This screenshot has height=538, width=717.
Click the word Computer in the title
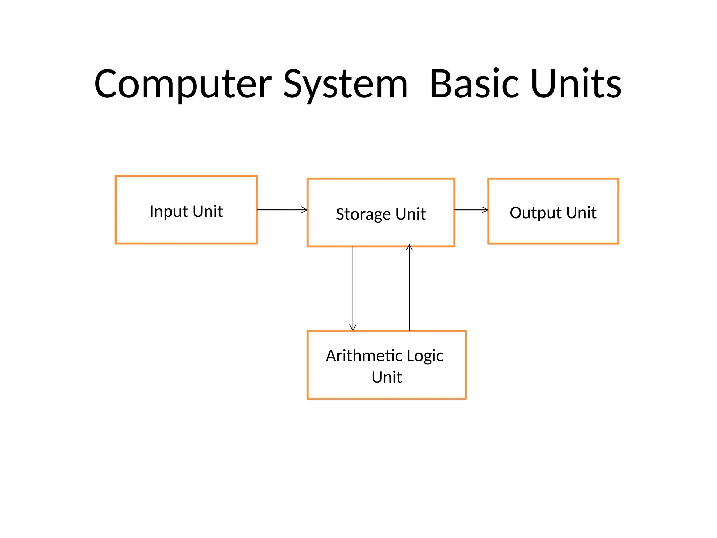click(183, 84)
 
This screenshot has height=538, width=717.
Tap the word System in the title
click(346, 84)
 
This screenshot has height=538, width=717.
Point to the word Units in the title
click(576, 84)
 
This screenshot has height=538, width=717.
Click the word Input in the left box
click(169, 212)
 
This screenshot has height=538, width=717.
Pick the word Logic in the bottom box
click(425, 356)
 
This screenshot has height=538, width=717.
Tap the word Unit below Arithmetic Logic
click(387, 377)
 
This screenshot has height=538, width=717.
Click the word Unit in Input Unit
click(208, 212)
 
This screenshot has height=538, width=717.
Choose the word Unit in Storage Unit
click(411, 214)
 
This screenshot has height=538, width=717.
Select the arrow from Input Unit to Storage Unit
click(282, 210)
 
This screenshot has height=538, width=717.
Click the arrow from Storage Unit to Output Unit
click(471, 210)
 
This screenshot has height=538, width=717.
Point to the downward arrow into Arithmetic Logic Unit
click(353, 287)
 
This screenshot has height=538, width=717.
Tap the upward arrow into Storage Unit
click(409, 287)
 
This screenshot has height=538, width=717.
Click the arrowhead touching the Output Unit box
click(485, 210)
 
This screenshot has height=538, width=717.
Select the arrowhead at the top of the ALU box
click(353, 328)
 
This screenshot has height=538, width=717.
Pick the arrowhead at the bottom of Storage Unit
click(409, 247)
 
